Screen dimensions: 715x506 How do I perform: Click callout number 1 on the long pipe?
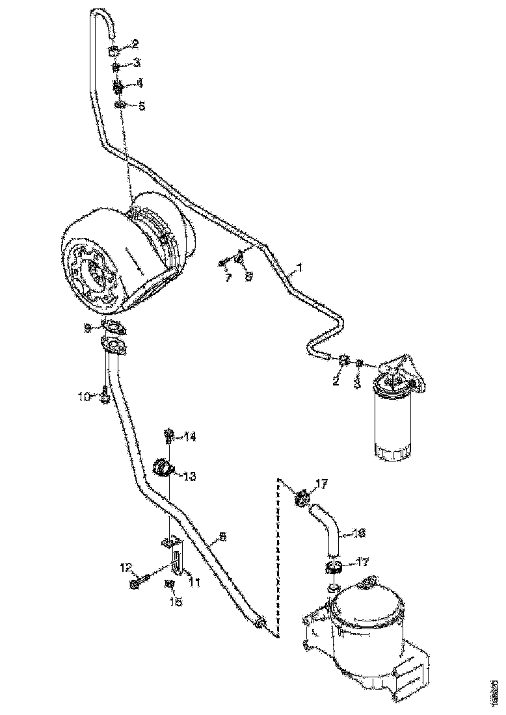(x=299, y=266)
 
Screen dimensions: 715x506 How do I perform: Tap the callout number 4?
(x=139, y=83)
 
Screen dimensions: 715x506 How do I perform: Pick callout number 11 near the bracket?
(x=194, y=583)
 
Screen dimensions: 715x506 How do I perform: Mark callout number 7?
(x=228, y=278)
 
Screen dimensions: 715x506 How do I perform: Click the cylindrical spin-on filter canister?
(x=392, y=422)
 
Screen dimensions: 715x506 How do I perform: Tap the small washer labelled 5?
(x=120, y=105)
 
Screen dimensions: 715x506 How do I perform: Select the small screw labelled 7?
(x=223, y=263)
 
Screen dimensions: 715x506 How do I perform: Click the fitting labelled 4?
(x=119, y=86)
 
